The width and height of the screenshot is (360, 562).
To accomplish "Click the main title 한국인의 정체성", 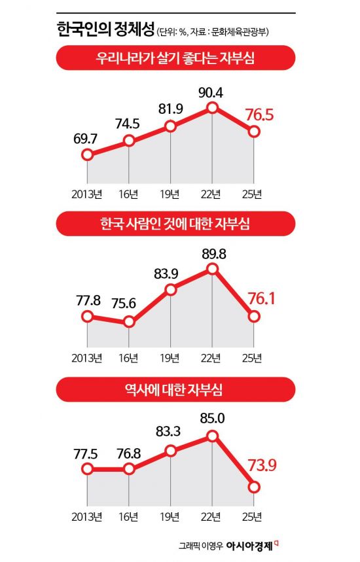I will tap(105, 29).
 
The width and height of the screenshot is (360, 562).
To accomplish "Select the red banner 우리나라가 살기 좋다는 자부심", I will tap(175, 60).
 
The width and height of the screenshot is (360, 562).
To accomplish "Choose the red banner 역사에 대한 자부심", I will tap(175, 389).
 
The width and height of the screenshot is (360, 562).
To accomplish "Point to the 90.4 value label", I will tap(211, 92).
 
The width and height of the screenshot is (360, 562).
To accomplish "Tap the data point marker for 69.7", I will tap(87, 155).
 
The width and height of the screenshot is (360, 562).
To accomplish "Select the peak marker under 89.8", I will tap(212, 269).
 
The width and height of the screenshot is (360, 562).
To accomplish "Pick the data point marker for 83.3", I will tap(170, 450).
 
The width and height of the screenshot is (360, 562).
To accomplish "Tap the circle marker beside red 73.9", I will tap(254, 487).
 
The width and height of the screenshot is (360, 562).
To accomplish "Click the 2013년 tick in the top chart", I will tap(87, 192).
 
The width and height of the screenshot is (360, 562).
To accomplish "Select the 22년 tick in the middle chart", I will tap(211, 357).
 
